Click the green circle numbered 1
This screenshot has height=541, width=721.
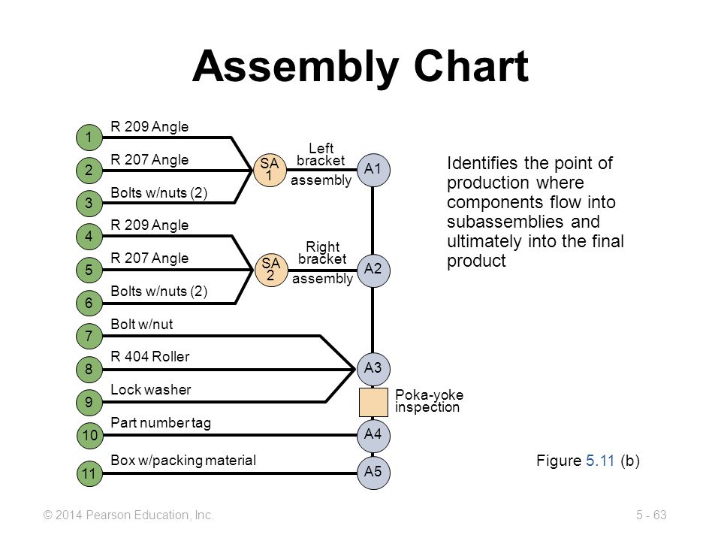coord(89,137)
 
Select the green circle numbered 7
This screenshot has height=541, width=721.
coord(89,336)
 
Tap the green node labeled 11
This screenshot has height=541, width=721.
coord(89,473)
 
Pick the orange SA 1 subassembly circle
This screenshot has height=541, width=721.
coord(270,170)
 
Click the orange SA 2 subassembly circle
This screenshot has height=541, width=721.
coord(271,270)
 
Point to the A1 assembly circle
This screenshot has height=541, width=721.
coord(373,170)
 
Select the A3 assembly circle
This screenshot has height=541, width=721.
coord(373,368)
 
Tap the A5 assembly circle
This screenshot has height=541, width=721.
coord(373,473)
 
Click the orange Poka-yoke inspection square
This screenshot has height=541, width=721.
coord(373,402)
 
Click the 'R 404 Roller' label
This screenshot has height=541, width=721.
coord(150,356)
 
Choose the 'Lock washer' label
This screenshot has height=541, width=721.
coord(151,390)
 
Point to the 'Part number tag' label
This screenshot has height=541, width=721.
coord(161,423)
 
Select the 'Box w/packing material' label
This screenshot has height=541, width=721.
coord(183,461)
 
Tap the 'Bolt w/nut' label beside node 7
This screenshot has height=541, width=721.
coord(142,325)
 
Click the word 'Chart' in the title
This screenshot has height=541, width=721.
coord(472,66)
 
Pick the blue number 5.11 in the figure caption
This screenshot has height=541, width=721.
coord(600,461)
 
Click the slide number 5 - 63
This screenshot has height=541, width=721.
coord(651,515)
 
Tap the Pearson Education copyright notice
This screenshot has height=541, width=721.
coord(128,515)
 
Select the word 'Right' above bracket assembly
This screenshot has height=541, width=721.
coord(323,246)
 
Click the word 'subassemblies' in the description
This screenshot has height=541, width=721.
coord(505,222)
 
